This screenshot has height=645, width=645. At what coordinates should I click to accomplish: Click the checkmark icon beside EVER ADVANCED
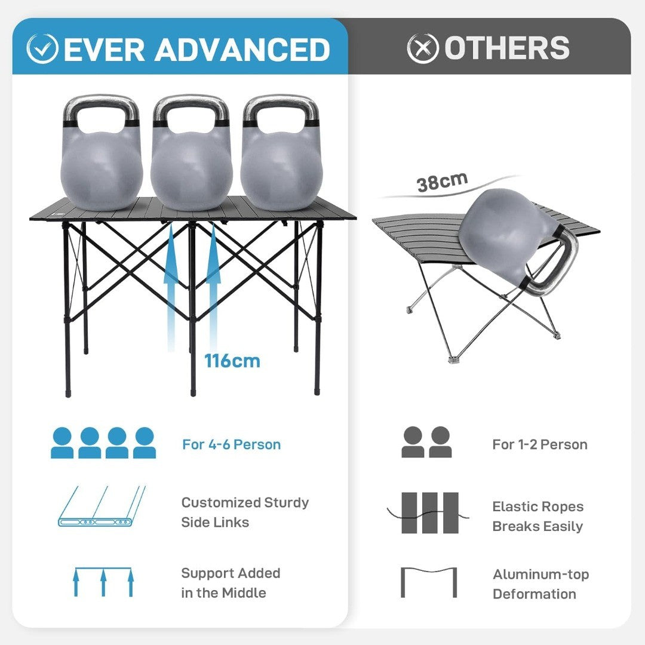click(42, 48)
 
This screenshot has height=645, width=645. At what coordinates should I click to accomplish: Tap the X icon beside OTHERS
click(423, 48)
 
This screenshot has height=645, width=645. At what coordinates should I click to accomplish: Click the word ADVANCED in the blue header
click(242, 50)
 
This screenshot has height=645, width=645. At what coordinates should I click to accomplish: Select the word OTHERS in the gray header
click(507, 48)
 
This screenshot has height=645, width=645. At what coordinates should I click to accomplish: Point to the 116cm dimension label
click(232, 361)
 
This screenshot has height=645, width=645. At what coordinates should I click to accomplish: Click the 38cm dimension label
click(442, 182)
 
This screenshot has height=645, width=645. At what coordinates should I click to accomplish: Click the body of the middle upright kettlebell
click(191, 168)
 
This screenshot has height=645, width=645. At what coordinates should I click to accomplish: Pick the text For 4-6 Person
click(232, 444)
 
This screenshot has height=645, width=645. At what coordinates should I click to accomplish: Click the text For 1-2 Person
click(540, 444)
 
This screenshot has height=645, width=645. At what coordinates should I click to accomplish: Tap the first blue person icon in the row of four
click(62, 443)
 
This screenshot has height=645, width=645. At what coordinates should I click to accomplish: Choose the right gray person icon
click(441, 442)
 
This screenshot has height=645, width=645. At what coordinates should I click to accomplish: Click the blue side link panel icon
click(102, 506)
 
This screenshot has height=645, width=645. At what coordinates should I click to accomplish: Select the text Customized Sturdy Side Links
click(245, 512)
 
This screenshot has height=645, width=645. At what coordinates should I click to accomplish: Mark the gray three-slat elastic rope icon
click(428, 513)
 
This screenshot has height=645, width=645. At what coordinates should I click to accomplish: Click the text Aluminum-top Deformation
click(540, 584)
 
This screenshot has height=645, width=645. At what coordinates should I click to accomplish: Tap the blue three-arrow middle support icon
click(103, 582)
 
